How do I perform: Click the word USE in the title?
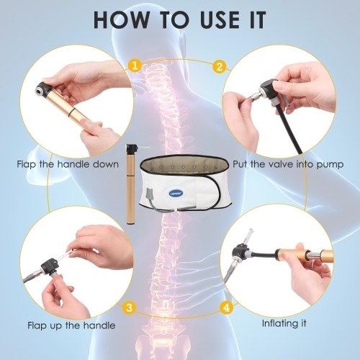(220, 19)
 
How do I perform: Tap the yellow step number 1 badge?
(135, 66)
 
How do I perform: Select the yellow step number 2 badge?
(220, 66)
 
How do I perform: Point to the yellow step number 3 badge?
(130, 307)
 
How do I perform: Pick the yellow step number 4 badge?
(227, 307)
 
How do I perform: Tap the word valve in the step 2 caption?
(279, 164)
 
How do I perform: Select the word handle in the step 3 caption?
(99, 325)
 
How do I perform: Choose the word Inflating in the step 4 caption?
(278, 323)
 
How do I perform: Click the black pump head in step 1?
(44, 88)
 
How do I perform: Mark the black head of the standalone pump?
(130, 148)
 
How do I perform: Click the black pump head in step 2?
(269, 88)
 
